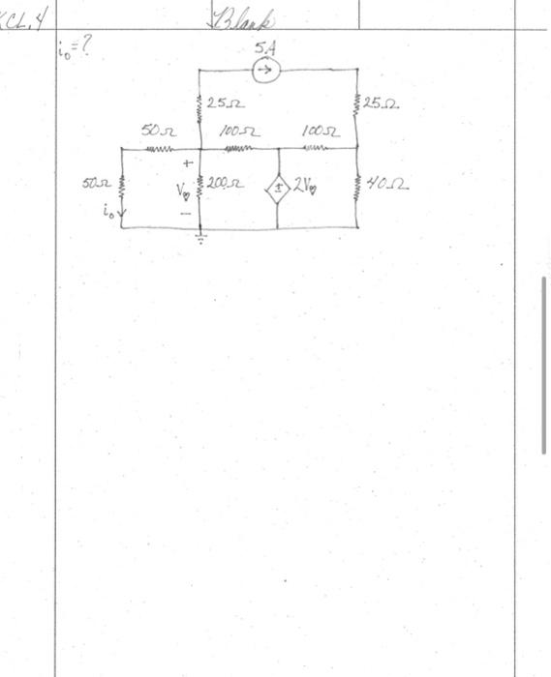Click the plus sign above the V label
[187, 163]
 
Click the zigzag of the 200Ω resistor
[201, 187]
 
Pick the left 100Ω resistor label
[236, 130]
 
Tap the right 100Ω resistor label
[320, 130]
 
